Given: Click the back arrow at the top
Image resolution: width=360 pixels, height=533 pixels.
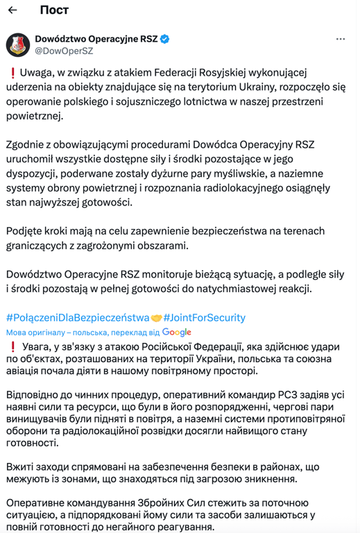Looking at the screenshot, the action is [x=12, y=10].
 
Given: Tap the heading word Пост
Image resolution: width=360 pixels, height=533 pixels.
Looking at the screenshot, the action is [x=55, y=10].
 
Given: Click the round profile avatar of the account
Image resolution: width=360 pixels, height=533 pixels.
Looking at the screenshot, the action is [x=17, y=45].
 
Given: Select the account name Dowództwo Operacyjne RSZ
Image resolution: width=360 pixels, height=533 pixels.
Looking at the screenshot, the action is [x=96, y=39].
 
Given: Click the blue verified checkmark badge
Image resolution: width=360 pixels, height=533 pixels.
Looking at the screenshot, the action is [x=165, y=39].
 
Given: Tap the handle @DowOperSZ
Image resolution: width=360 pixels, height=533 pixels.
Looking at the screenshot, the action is [x=68, y=51].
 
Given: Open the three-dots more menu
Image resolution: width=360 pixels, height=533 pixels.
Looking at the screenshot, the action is [x=340, y=39].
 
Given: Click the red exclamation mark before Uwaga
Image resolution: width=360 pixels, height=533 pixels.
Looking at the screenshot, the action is [x=12, y=72].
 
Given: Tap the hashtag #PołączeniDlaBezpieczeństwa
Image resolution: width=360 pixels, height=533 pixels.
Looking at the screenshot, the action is [x=78, y=317].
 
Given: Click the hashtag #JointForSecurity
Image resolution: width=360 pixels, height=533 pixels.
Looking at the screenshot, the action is [x=204, y=317].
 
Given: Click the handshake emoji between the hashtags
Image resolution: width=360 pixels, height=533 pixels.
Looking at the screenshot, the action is [x=156, y=318].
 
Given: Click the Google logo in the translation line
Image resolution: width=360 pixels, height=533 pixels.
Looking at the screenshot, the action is [x=177, y=332].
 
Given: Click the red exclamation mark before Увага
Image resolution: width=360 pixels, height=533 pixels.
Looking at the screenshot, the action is [x=12, y=346].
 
